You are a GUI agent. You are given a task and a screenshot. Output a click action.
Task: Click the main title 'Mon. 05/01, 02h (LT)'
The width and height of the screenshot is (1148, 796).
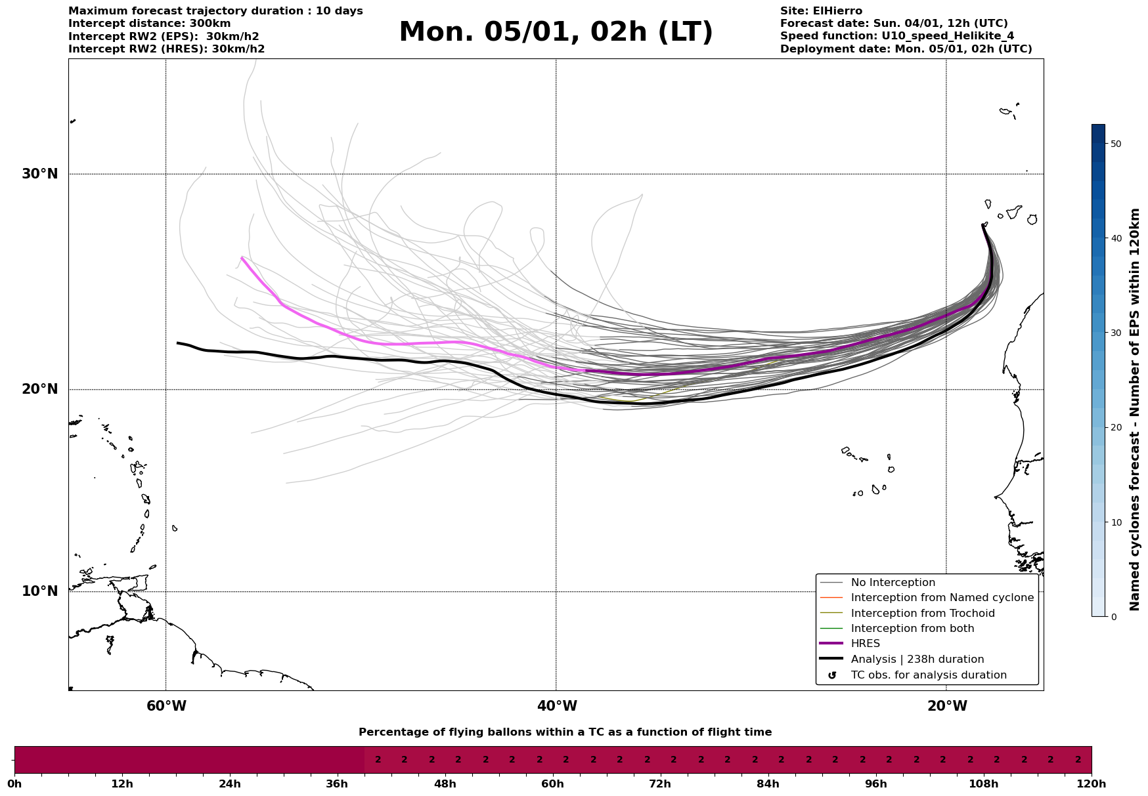556,32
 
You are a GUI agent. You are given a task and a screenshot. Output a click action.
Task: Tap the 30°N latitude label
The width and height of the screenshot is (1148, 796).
40,174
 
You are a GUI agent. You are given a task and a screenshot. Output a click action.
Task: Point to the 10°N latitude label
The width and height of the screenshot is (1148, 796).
40,591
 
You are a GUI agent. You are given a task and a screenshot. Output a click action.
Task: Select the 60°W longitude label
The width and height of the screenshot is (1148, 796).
166,706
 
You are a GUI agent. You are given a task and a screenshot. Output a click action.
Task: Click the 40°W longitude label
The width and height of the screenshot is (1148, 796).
557,706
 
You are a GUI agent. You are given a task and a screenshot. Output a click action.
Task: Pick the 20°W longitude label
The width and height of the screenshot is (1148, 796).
947,706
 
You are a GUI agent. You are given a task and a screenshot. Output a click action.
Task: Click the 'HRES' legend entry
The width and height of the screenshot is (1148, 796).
865,644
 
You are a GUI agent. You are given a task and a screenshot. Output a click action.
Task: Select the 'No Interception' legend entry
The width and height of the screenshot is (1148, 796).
893,583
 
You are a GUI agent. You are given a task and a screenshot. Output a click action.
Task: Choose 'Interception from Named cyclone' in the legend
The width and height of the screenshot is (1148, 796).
942,598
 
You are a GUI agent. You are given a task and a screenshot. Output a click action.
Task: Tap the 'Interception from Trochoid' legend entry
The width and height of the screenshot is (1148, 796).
922,614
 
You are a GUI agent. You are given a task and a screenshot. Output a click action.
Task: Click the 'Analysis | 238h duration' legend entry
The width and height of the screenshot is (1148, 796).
917,660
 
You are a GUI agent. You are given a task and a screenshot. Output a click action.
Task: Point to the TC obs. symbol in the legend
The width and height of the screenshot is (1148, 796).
832,675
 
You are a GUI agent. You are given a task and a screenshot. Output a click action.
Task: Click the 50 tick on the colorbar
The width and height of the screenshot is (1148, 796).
1115,144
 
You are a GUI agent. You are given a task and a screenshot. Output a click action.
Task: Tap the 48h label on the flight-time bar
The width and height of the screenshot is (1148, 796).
445,784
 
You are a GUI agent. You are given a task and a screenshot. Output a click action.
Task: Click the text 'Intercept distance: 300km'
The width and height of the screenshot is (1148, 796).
150,24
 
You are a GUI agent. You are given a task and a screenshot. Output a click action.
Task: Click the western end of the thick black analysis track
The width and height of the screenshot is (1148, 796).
178,343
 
